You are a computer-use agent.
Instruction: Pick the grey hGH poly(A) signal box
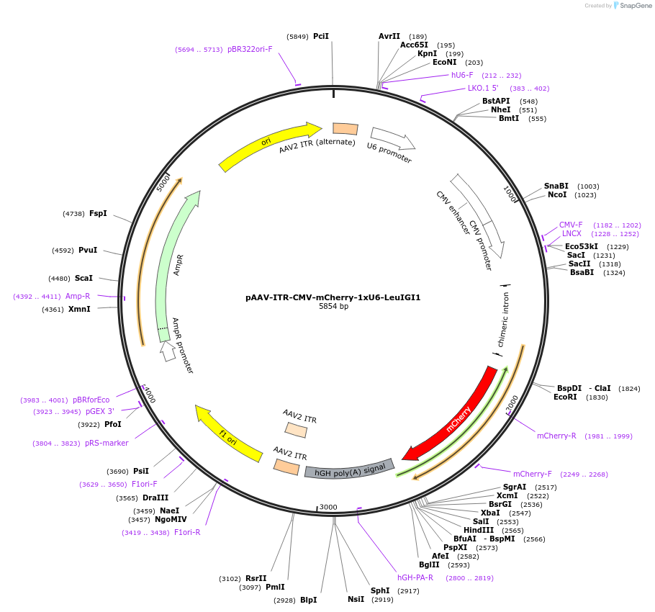pos(350,469)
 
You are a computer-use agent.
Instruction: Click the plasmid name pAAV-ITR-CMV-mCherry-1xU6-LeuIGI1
pos(333,297)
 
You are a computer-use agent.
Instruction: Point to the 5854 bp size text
pos(333,307)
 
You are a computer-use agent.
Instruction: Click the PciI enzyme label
pos(321,36)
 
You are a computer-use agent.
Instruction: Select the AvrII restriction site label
pos(389,36)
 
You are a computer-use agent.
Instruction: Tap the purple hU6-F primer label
pos(462,75)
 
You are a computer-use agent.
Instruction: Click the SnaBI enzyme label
pos(556,186)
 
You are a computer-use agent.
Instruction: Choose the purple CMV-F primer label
pos(571,225)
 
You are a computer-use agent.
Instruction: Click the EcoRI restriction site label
pos(565,397)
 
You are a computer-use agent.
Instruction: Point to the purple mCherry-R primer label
pos(556,436)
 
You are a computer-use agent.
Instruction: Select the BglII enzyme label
pos(429,564)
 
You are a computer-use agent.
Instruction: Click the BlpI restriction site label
pos(308,600)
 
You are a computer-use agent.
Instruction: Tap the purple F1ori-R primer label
pos(187,533)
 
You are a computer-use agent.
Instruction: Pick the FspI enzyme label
pos(98,213)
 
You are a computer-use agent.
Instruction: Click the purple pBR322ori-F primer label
pos(250,49)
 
